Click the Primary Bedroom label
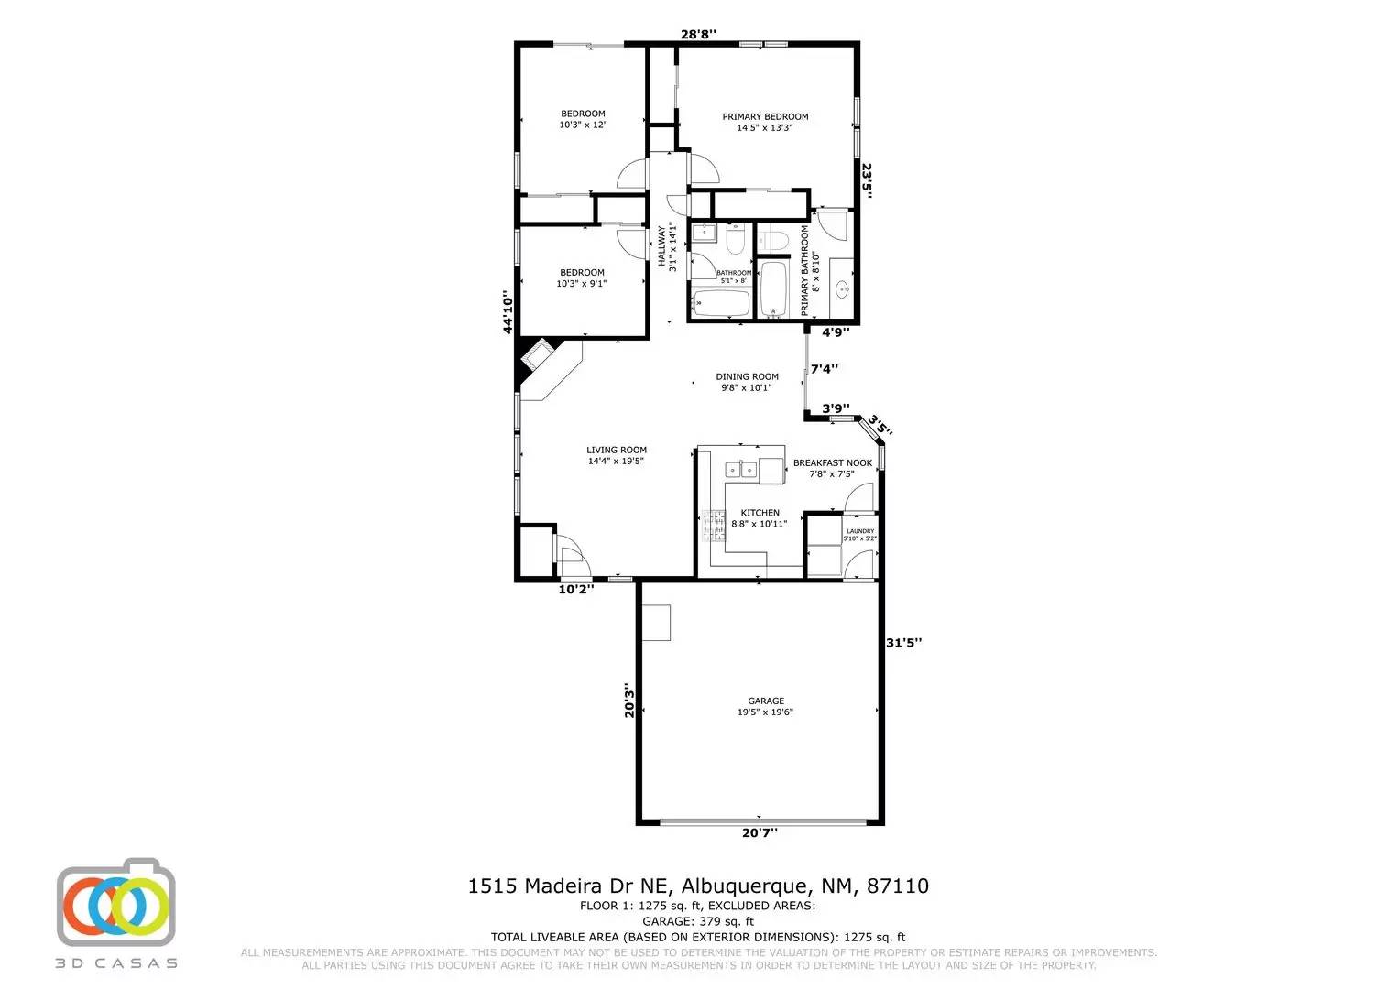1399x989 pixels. (x=765, y=122)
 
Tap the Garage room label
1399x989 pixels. (x=765, y=706)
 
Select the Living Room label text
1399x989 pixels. (x=617, y=455)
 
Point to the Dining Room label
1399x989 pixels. (x=747, y=382)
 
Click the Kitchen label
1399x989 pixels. (x=760, y=518)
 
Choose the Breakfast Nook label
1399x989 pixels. (x=832, y=468)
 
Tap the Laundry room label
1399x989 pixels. (x=860, y=535)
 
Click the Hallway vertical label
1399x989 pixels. (x=666, y=247)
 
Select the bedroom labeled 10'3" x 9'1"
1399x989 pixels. (x=582, y=277)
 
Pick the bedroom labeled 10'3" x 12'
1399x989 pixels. (x=582, y=119)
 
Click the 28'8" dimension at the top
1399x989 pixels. (x=698, y=35)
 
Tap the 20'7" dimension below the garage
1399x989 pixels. (x=760, y=832)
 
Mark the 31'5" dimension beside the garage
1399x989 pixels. (x=903, y=643)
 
